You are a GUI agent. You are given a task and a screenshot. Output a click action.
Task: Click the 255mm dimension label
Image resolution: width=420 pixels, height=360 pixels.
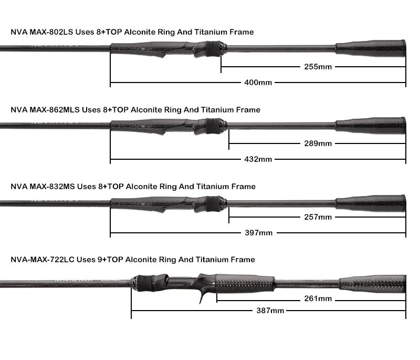318,67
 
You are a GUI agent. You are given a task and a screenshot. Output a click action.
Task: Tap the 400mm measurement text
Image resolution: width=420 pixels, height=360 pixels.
258,83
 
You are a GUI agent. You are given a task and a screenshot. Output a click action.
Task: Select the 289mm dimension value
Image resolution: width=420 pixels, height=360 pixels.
318,143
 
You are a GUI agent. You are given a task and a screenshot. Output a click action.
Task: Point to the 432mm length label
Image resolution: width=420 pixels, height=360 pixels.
258,159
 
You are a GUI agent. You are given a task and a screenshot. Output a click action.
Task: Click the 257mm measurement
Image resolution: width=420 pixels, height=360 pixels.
318,217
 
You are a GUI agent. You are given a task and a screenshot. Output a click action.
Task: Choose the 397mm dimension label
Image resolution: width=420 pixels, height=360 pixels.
258,233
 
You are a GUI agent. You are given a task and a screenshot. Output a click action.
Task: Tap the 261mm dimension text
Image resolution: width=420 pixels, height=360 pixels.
318,299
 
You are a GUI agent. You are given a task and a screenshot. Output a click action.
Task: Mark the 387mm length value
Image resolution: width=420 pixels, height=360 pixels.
270,311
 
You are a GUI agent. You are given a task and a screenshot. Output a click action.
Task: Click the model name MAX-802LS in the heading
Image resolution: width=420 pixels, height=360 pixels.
51,32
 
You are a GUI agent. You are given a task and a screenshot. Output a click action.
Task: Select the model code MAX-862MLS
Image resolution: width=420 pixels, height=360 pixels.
55,110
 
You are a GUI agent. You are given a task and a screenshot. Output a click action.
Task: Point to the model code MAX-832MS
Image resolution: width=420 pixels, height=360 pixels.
52,187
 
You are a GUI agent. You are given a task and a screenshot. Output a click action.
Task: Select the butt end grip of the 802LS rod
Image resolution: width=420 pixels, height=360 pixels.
371,48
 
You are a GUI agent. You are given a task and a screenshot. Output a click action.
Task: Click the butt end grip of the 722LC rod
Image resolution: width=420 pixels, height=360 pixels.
373,284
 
